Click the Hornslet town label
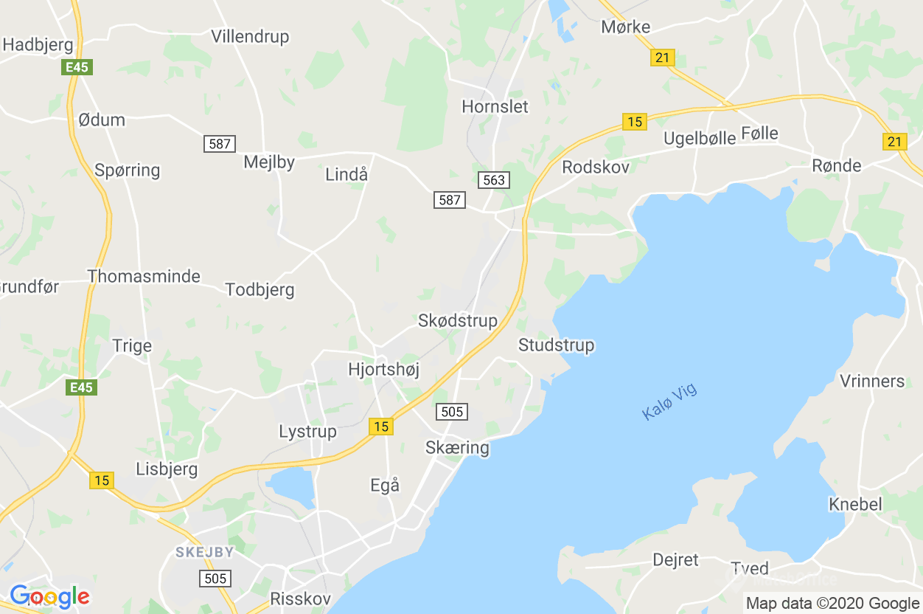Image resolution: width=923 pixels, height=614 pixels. (x=495, y=106)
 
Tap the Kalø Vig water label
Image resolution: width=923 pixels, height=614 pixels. (x=669, y=402)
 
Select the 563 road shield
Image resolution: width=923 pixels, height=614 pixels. (x=494, y=180)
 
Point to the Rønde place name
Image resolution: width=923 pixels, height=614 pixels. (x=836, y=165)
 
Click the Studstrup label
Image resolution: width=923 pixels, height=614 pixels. (x=556, y=345)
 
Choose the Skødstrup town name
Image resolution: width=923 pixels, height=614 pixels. (x=457, y=320)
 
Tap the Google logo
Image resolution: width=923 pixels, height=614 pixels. (x=49, y=596)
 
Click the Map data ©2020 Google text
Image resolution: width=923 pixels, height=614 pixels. (x=832, y=603)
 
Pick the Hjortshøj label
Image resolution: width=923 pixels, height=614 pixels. (x=383, y=369)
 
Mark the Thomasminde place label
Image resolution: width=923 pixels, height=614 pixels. (x=144, y=276)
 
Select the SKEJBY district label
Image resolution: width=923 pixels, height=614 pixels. (x=204, y=552)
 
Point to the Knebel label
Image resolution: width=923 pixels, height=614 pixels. (x=855, y=504)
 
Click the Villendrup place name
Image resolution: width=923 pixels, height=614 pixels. (x=250, y=36)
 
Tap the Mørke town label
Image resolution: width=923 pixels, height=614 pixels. (x=626, y=27)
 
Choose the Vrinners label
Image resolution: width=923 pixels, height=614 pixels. (x=872, y=381)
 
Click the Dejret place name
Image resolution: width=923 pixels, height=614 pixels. (x=675, y=560)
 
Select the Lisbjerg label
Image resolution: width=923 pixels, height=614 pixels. (x=167, y=469)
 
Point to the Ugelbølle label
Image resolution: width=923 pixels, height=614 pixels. (x=700, y=138)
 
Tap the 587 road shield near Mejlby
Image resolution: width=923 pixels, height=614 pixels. (x=220, y=144)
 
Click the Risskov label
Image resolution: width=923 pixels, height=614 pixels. (x=300, y=599)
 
